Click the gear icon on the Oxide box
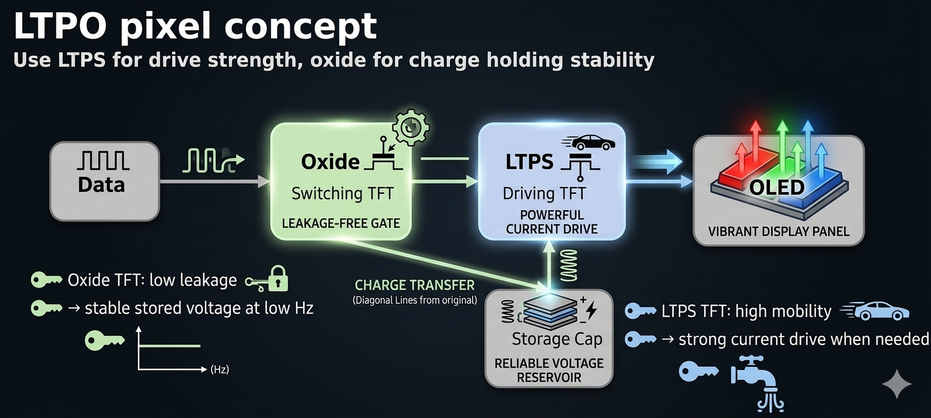pyautogui.click(x=411, y=127)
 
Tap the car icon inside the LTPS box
pyautogui.click(x=588, y=143)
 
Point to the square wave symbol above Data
pyautogui.click(x=103, y=161)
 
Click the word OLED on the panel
pyautogui.click(x=777, y=187)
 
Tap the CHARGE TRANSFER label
pyautogui.click(x=414, y=285)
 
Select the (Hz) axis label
pyautogui.click(x=219, y=369)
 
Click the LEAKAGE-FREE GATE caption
pyautogui.click(x=341, y=224)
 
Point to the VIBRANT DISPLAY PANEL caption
pyautogui.click(x=778, y=231)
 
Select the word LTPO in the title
pyautogui.click(x=60, y=26)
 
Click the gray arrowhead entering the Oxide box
pyautogui.click(x=264, y=182)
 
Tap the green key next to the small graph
pyautogui.click(x=105, y=340)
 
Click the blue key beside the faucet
pyautogui.click(x=699, y=371)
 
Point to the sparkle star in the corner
pyautogui.click(x=897, y=383)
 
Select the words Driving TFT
pyautogui.click(x=544, y=193)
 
